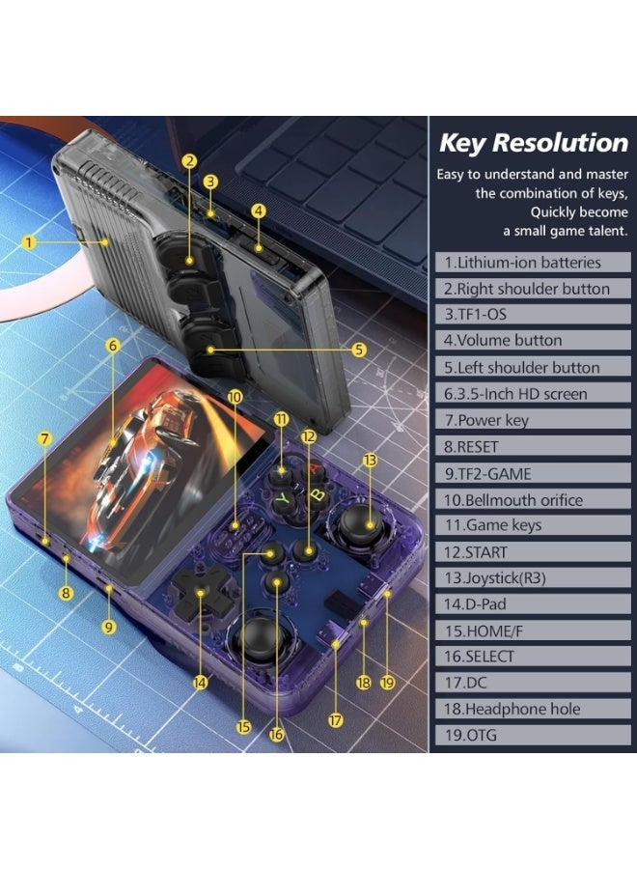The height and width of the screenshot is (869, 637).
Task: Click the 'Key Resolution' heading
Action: pyautogui.click(x=534, y=143)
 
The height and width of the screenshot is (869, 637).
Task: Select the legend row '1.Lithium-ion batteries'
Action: pyautogui.click(x=533, y=262)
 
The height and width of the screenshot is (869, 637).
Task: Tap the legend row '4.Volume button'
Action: pyautogui.click(x=533, y=340)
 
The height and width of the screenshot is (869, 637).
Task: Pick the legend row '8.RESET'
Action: pyautogui.click(x=533, y=446)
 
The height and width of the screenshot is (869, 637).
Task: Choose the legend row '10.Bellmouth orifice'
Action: pyautogui.click(x=533, y=499)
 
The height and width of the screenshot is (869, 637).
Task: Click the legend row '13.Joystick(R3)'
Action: pyautogui.click(x=533, y=578)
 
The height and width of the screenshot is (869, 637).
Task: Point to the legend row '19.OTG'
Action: pyautogui.click(x=533, y=735)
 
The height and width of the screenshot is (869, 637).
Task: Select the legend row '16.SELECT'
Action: pyautogui.click(x=533, y=657)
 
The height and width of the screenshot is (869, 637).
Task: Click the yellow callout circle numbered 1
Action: pyautogui.click(x=29, y=242)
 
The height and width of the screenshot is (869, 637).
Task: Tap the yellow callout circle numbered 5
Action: pyautogui.click(x=359, y=350)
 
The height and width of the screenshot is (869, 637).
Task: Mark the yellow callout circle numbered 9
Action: pyautogui.click(x=108, y=627)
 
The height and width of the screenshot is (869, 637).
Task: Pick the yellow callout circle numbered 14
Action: pyautogui.click(x=200, y=683)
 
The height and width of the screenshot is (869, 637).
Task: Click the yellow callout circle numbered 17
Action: pyautogui.click(x=336, y=720)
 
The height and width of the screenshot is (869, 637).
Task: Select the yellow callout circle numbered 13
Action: pyautogui.click(x=370, y=460)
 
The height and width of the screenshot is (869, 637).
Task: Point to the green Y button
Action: pyautogui.click(x=283, y=498)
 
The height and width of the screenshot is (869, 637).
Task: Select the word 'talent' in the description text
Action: pyautogui.click(x=605, y=231)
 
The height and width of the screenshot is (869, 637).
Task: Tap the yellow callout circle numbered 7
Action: pyautogui.click(x=44, y=439)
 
